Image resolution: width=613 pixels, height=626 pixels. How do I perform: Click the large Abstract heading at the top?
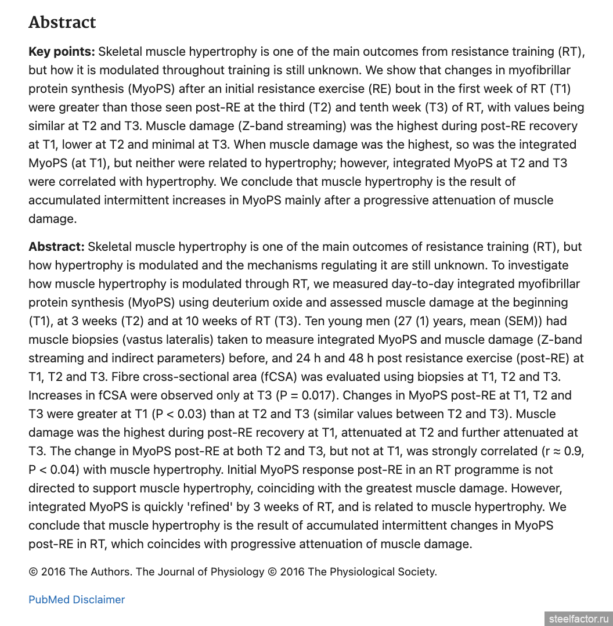coord(62,22)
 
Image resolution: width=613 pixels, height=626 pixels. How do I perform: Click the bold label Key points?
coord(62,52)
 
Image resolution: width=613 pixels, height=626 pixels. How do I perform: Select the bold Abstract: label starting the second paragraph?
coord(56,247)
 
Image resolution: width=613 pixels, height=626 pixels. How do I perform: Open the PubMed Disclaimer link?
coord(77,600)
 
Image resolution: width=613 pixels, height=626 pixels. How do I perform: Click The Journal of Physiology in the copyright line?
coord(200,572)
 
